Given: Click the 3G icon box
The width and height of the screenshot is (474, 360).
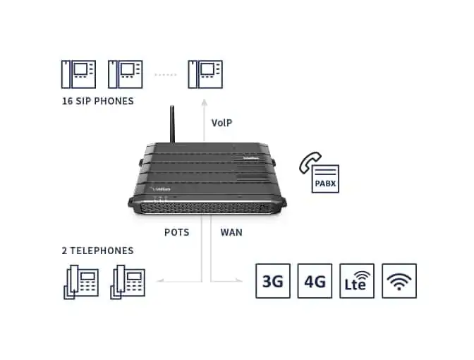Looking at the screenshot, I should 272,281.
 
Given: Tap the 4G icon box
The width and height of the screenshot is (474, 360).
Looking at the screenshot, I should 315,281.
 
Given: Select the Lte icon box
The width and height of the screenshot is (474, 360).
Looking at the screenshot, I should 357,281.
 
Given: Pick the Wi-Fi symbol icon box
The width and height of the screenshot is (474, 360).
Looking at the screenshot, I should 399,281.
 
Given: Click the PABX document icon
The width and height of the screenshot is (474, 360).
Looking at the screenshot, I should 325,179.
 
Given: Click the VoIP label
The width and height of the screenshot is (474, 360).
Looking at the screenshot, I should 222,122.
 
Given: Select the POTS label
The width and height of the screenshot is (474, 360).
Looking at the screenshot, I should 177,232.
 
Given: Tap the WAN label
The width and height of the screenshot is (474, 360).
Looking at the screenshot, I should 231,232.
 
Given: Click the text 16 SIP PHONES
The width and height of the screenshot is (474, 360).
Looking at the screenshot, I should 97,101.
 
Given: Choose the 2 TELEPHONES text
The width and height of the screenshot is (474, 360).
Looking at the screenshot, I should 97,251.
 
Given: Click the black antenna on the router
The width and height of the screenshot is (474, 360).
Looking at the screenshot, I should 171,126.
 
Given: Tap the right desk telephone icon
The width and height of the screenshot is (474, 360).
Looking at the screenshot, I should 127,282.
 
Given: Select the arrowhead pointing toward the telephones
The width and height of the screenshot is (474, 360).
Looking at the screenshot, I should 159,281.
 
